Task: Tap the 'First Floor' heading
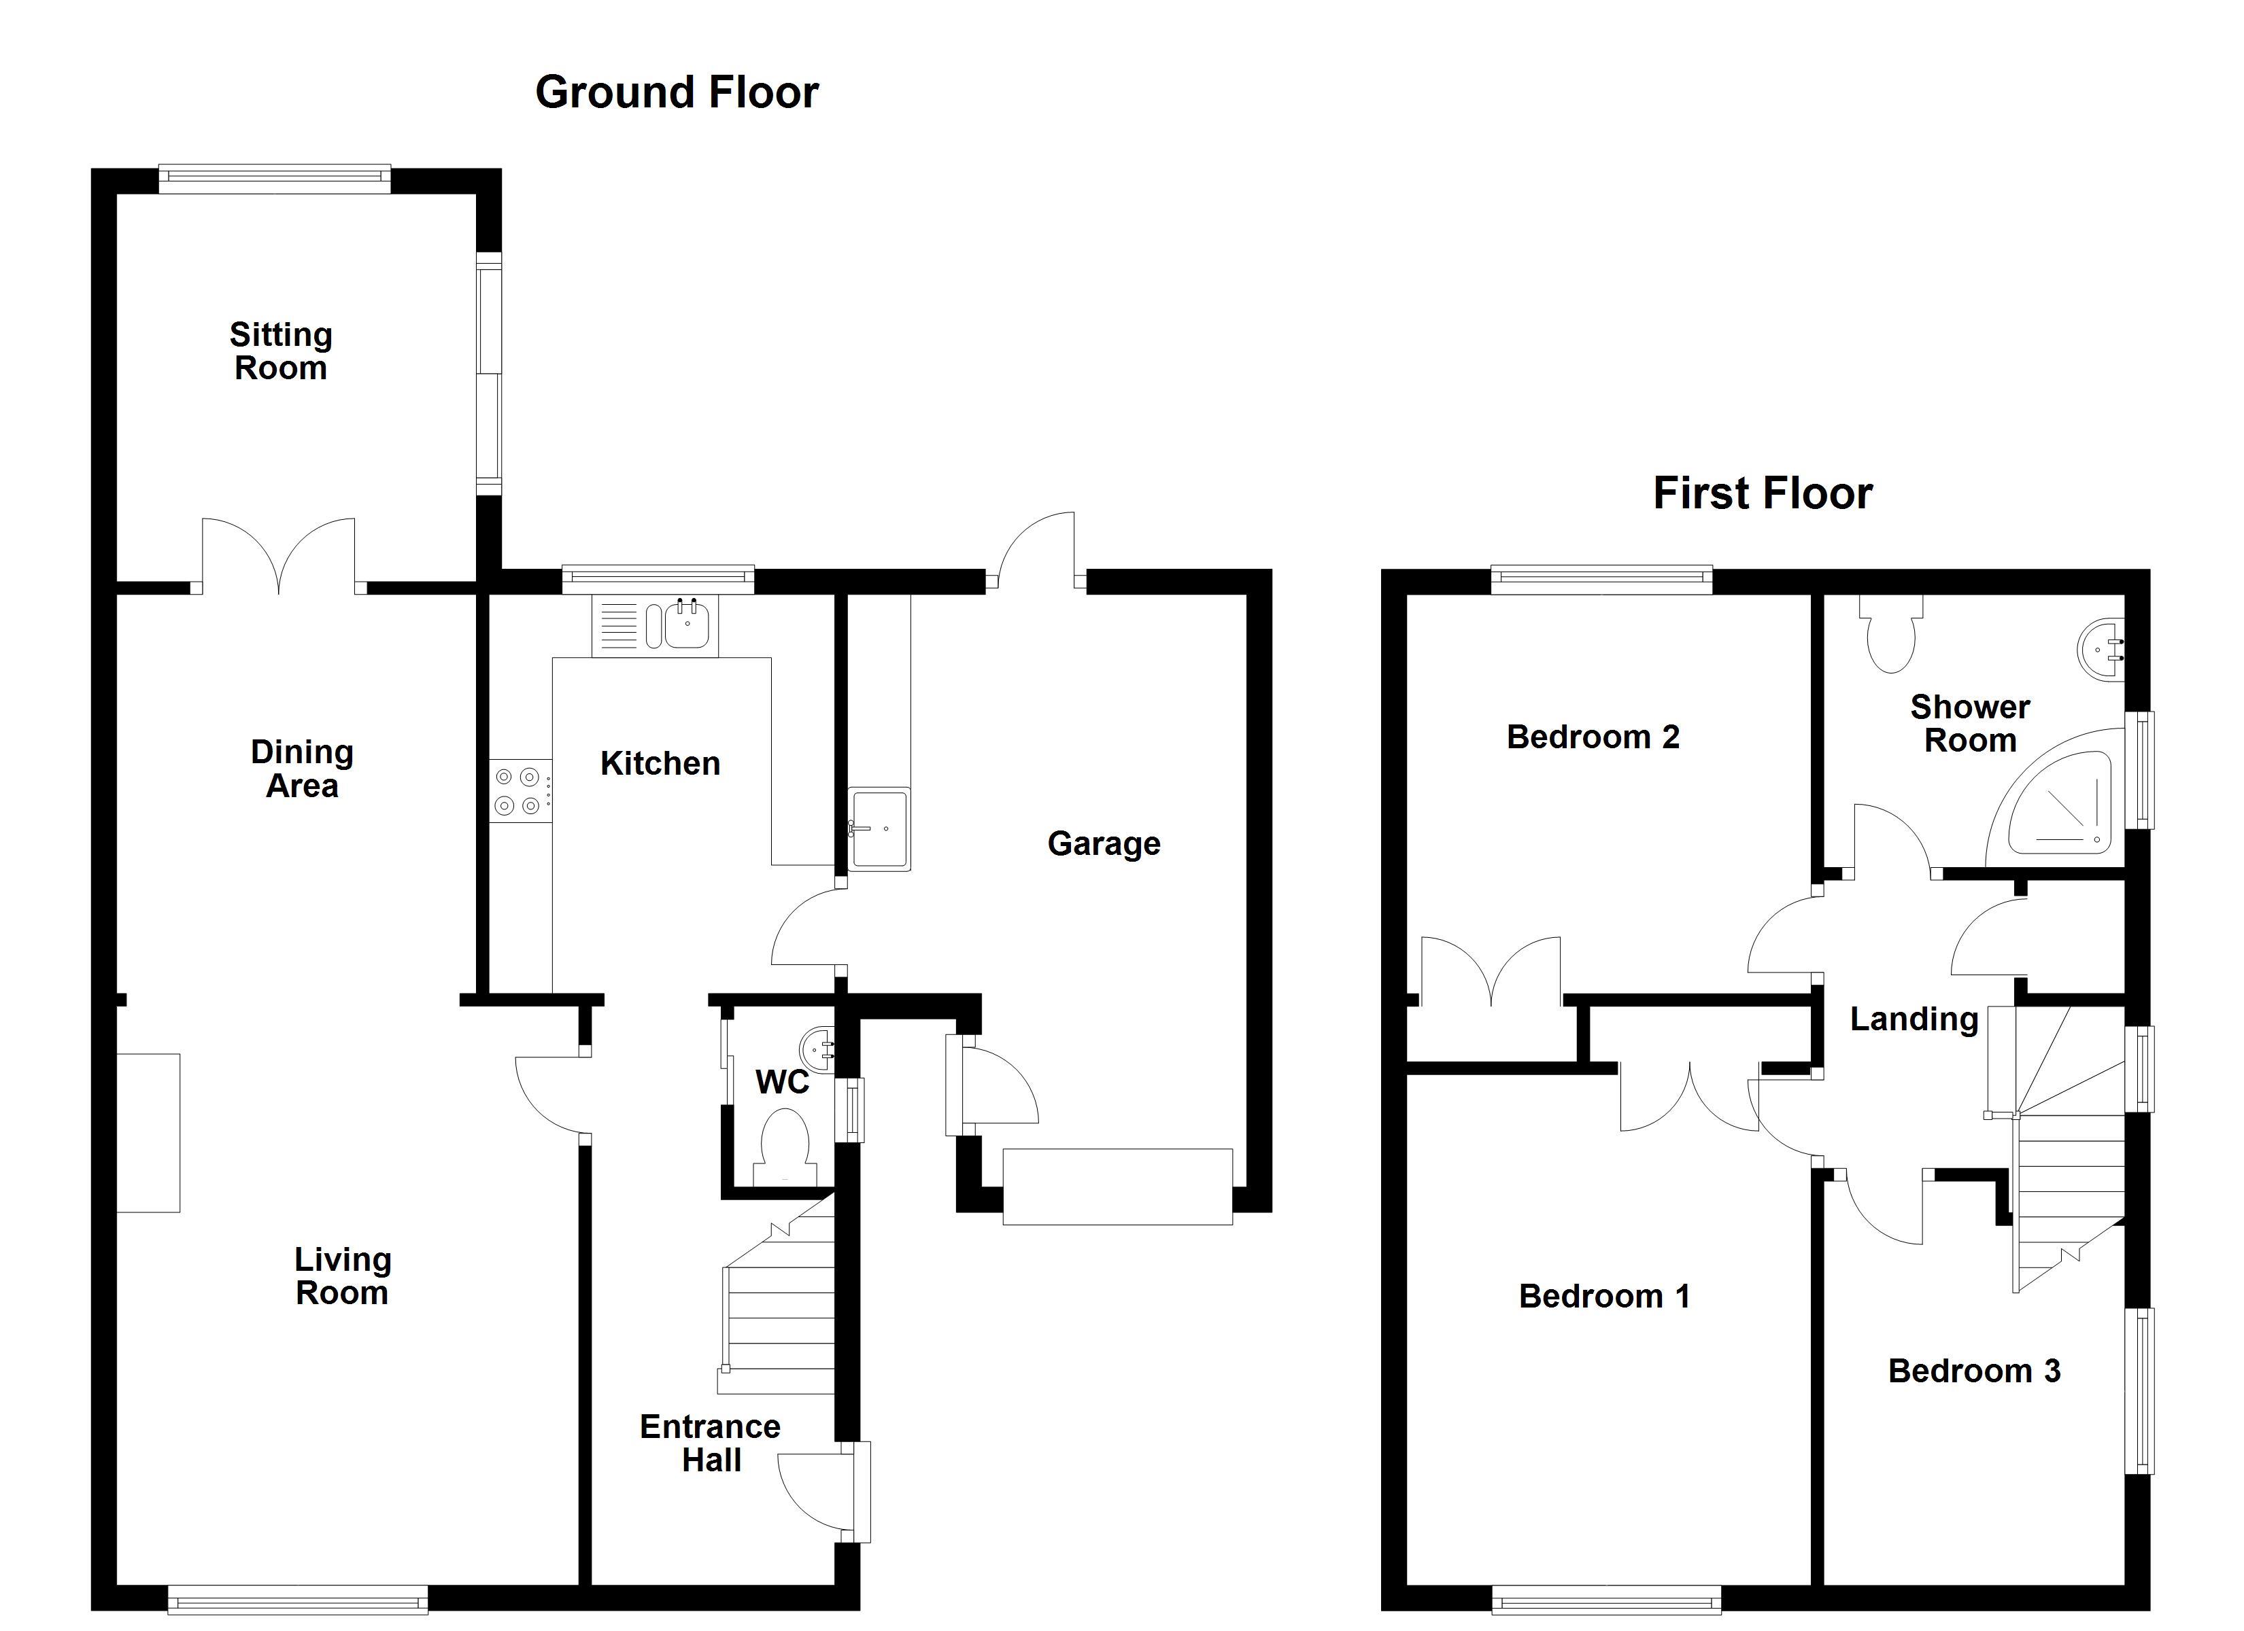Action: pos(1763,493)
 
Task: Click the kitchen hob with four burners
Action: pos(520,791)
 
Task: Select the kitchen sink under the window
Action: pos(655,625)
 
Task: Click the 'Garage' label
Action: pos(1104,843)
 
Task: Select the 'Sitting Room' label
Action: pos(281,351)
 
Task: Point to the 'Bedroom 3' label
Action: pos(1974,1371)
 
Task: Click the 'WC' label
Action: pos(783,1082)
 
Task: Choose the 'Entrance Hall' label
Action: pos(711,1443)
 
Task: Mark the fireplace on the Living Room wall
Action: pos(148,1132)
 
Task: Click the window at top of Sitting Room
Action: pos(275,178)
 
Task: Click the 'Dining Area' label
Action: pos(302,769)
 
